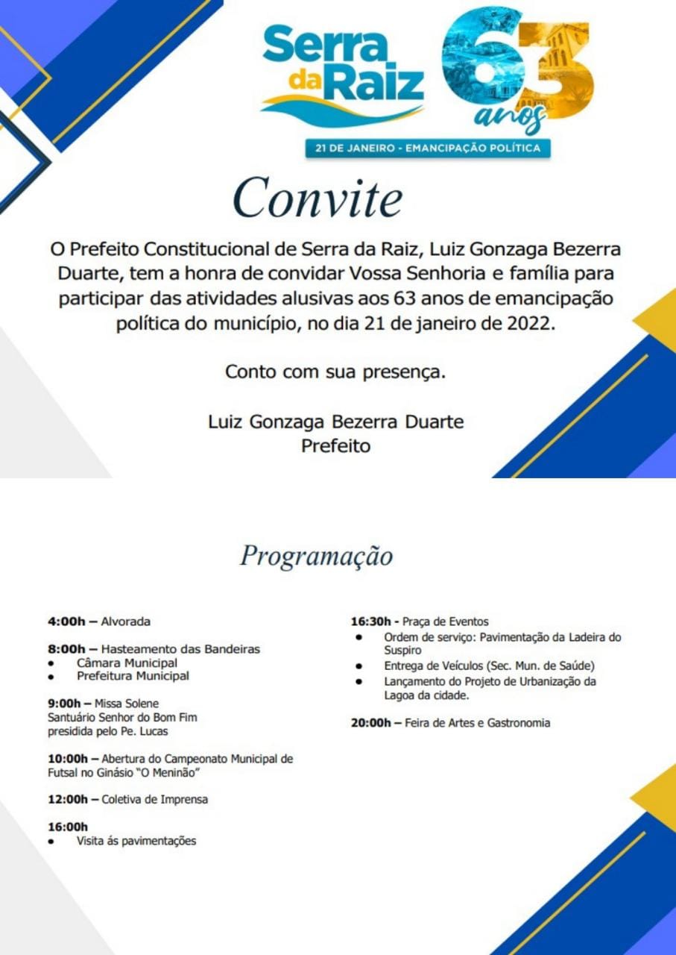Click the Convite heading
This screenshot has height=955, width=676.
tap(318, 198)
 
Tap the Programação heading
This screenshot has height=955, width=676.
tap(316, 556)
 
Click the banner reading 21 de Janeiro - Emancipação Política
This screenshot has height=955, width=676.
tap(428, 148)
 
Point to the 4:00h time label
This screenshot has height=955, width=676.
tap(66, 621)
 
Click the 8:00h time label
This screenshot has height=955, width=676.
tap(66, 649)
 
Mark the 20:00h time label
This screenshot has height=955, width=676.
tap(373, 723)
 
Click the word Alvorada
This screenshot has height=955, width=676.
tap(125, 621)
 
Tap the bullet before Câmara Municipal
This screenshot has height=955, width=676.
tap(51, 663)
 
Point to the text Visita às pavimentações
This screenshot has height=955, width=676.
tap(136, 841)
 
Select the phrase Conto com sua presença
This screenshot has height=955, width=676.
tap(335, 371)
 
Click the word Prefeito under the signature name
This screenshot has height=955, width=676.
tap(335, 446)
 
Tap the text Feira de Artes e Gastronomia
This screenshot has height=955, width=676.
tap(478, 723)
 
